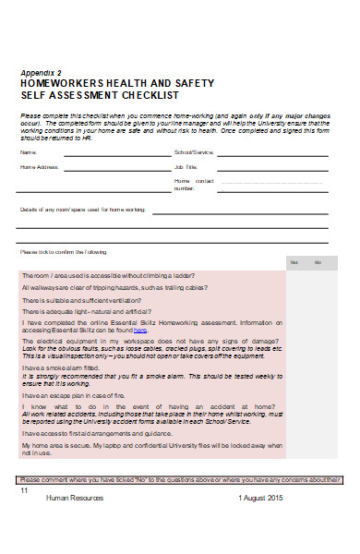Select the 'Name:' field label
pos(28,152)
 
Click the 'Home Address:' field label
pos(39,167)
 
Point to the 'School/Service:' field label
pos(193,152)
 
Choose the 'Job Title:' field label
pos(186,167)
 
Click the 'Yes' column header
pos(294,263)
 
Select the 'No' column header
pos(319,263)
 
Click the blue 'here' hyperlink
pos(140,330)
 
